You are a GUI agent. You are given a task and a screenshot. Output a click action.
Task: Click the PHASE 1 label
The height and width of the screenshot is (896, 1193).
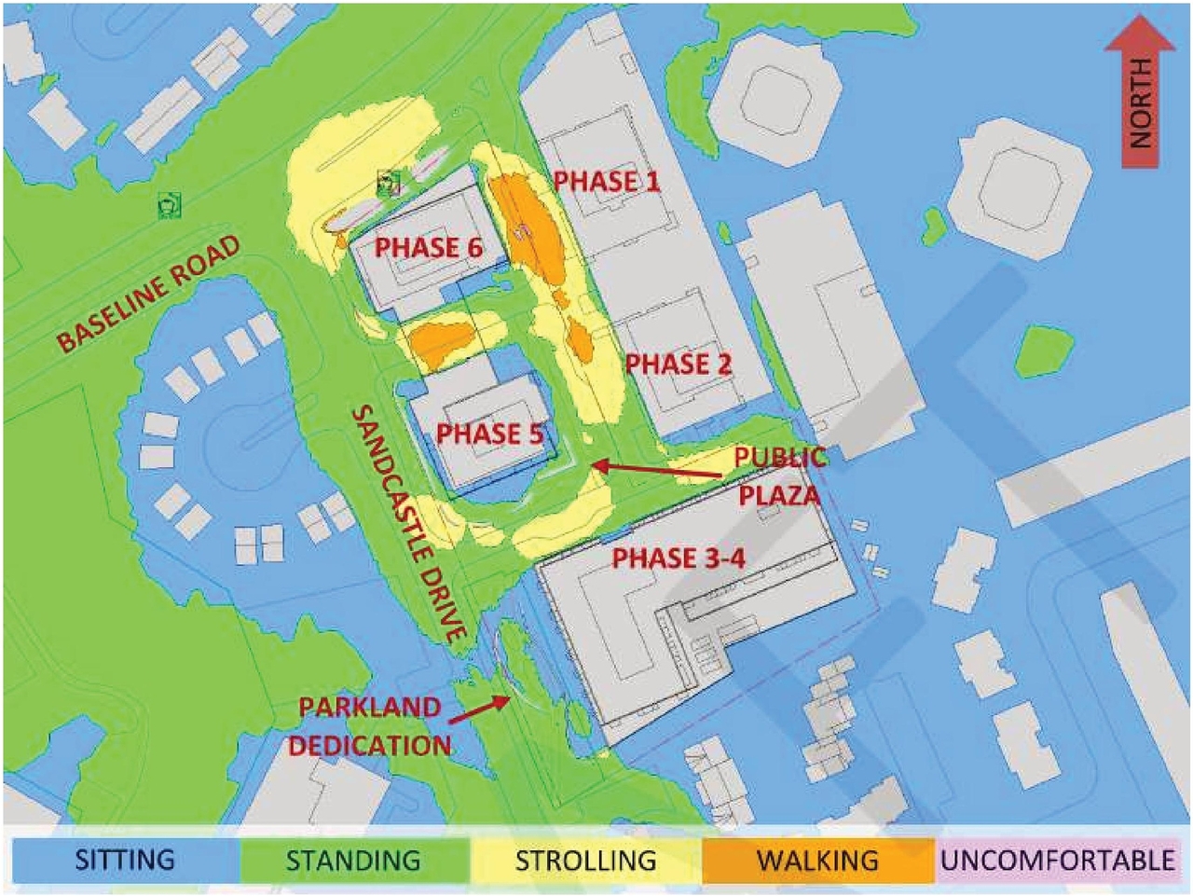point(607,181)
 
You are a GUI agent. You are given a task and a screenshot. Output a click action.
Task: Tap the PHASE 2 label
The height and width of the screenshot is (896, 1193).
point(679,364)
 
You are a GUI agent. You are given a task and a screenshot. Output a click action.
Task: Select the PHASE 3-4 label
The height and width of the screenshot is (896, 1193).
point(679,558)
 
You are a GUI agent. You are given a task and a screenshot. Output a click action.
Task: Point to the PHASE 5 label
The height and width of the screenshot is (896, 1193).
point(490,434)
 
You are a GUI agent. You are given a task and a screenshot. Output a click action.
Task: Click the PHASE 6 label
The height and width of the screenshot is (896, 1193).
point(429,248)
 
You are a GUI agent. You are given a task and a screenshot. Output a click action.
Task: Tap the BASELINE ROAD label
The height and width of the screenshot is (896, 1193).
point(149,293)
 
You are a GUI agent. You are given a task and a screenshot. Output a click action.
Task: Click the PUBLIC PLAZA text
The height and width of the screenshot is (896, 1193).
point(779,476)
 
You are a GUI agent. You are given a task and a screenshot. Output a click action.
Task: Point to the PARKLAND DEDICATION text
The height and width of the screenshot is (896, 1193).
point(369,726)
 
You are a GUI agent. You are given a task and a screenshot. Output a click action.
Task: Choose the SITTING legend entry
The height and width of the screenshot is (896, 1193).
point(125,860)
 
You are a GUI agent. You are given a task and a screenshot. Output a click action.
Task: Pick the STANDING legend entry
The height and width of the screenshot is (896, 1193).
point(353,860)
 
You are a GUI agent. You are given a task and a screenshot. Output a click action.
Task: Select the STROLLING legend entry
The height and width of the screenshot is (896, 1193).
point(585,860)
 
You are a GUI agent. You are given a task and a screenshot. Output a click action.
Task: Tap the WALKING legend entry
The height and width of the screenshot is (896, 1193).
point(817,860)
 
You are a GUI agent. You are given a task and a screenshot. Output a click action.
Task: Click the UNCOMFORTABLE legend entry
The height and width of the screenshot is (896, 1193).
point(1057,860)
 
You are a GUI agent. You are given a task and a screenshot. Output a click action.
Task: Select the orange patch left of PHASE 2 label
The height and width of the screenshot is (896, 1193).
point(580,341)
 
